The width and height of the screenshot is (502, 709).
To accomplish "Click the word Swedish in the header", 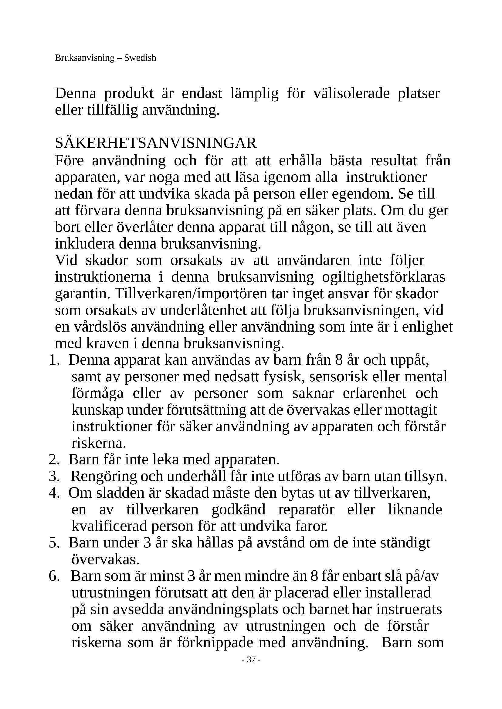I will (x=140, y=58).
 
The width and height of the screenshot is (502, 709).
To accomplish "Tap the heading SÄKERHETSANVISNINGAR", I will (x=156, y=143).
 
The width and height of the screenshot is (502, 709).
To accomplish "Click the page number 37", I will (x=251, y=660).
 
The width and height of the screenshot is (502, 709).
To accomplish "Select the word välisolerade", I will (x=351, y=93).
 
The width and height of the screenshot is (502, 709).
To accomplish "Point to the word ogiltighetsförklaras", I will (x=384, y=277).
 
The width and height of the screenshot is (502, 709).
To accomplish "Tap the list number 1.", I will (x=53, y=360).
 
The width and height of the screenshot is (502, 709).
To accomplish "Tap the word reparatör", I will (x=306, y=510).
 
